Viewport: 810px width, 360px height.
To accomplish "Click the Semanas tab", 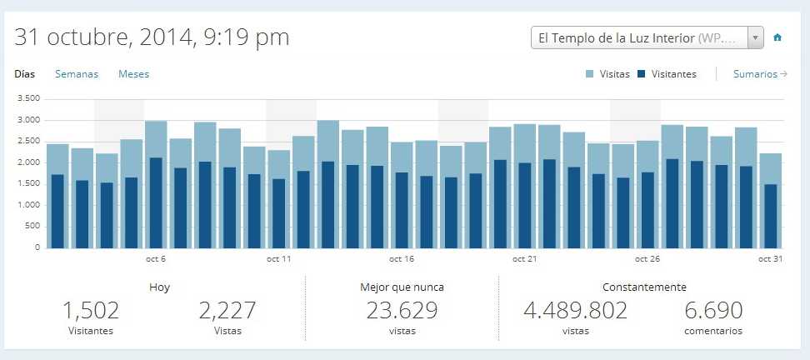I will click(77, 74).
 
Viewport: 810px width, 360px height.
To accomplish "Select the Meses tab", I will click(133, 74).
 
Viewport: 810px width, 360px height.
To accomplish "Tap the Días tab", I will click(24, 74).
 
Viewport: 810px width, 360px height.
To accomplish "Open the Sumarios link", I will click(759, 74).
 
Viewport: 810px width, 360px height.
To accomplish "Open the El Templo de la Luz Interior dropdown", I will click(647, 37).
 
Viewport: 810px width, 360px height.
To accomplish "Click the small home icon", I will click(777, 37).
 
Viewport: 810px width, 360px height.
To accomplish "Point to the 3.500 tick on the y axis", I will click(28, 98).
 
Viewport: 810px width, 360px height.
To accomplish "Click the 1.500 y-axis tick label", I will click(28, 183).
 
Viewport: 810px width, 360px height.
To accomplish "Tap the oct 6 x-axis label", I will click(155, 259).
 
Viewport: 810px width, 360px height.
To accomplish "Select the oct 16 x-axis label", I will click(401, 259).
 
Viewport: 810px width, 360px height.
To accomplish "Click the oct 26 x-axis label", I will click(647, 259).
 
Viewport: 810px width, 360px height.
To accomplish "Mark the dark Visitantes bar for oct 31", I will click(770, 216).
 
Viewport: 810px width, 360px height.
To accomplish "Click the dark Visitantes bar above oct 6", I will click(156, 202).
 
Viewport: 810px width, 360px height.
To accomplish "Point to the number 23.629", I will click(402, 311).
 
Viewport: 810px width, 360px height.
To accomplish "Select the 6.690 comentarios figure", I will click(713, 311).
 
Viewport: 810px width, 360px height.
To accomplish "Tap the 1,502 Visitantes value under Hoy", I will click(91, 311).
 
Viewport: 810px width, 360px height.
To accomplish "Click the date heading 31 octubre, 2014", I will click(152, 37).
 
